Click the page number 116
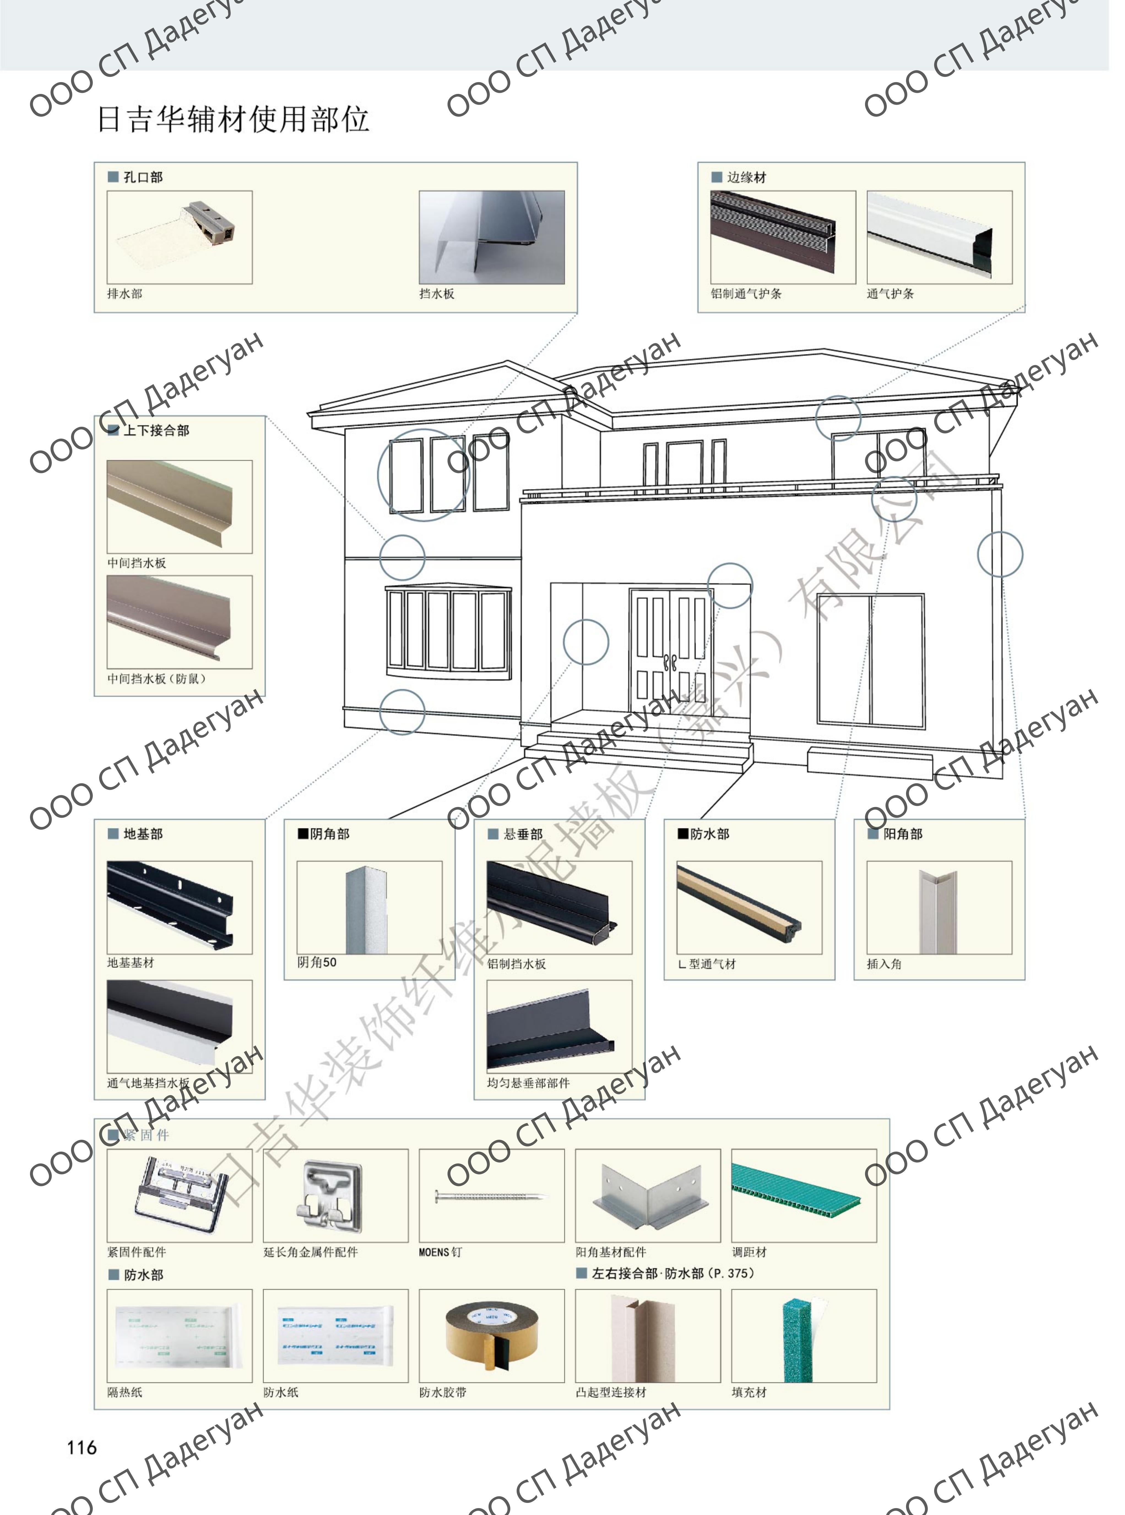pos(82,1448)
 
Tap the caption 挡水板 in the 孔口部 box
pos(437,294)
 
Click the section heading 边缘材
pos(746,177)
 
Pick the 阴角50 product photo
pos(369,907)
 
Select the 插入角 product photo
pos(938,907)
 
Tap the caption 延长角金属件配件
pos(311,1252)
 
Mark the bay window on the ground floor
pos(448,632)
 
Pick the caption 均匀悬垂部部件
pos(528,1083)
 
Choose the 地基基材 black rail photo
pos(180,907)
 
